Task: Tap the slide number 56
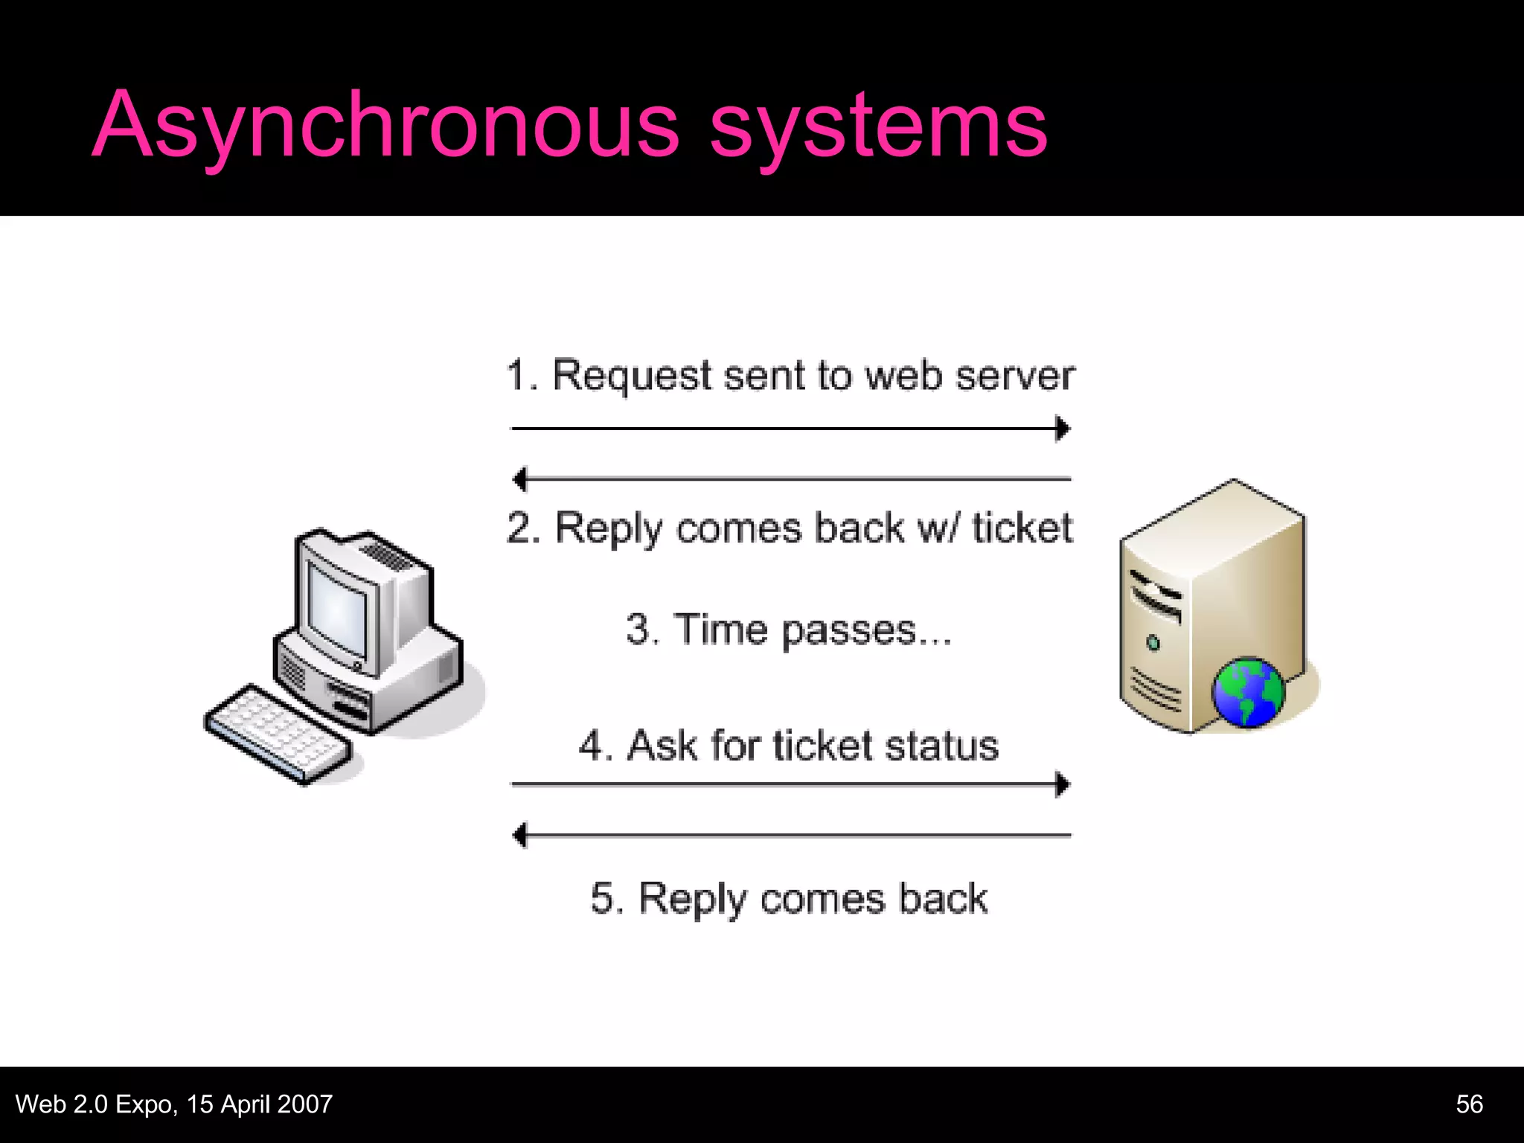(x=1469, y=1104)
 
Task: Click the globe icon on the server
(x=1248, y=693)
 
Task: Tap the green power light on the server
(x=1153, y=642)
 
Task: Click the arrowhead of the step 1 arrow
(x=1064, y=429)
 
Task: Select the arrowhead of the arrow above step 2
(x=519, y=479)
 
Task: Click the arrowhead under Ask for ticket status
(x=1064, y=784)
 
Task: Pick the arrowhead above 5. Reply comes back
(x=519, y=835)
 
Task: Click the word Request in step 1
(x=632, y=376)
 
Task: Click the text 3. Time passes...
(x=789, y=630)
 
